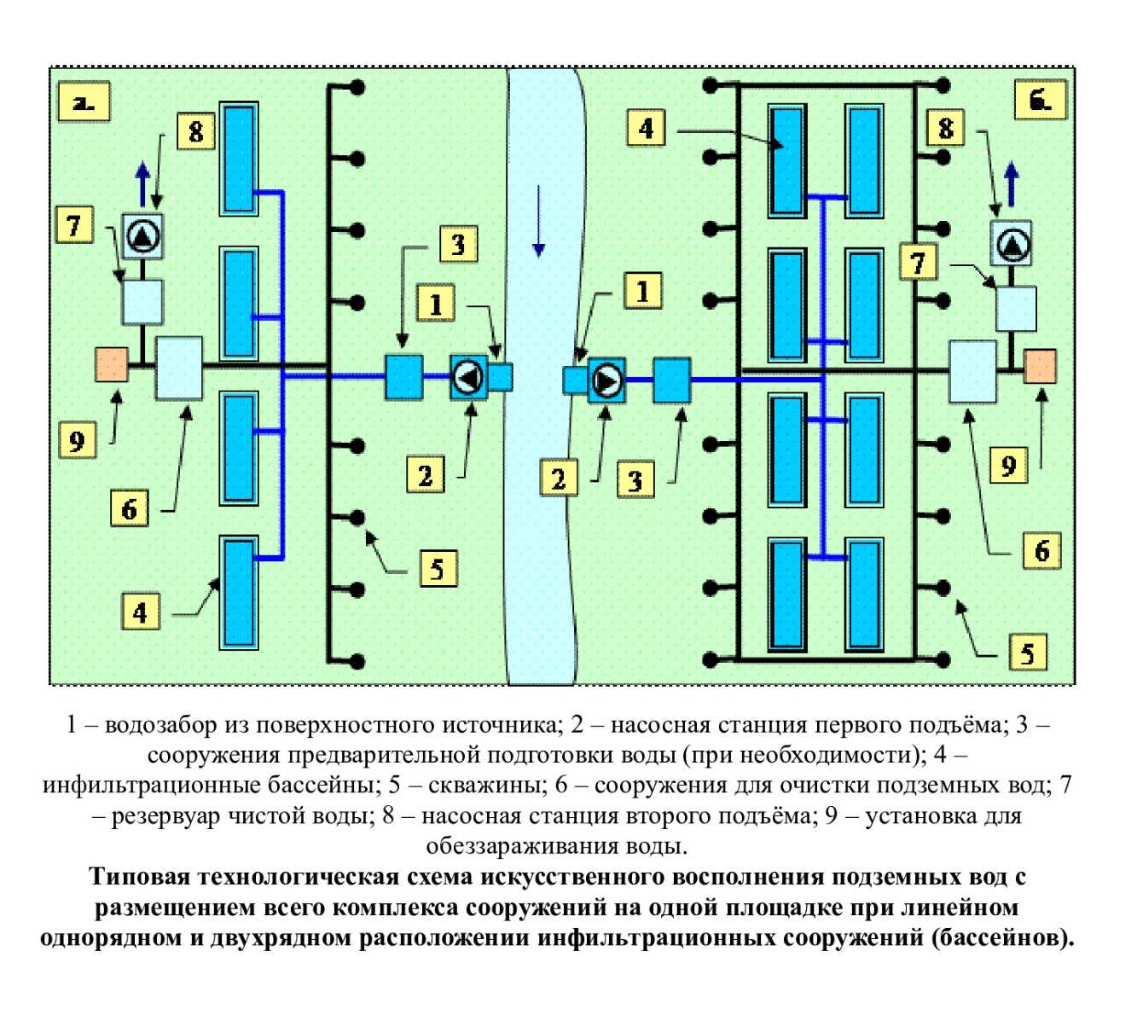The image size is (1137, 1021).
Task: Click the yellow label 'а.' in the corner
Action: coord(83,102)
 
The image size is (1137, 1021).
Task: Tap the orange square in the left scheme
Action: coord(112,364)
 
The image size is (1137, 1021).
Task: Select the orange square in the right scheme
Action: coord(1040,366)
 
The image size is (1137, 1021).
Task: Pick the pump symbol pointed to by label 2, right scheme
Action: coord(606,380)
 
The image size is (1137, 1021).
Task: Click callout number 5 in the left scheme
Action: coord(438,568)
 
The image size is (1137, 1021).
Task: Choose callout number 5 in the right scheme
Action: coord(1027,653)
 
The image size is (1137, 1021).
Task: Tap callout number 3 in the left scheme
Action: coord(458,245)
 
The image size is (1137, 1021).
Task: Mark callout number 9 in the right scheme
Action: coord(1008,466)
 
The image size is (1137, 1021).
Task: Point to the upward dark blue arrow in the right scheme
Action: coord(1012,183)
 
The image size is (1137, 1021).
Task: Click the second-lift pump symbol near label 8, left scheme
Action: coord(142,236)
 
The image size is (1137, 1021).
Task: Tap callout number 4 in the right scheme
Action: coord(646,129)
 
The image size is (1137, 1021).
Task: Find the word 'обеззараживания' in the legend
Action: coord(521,847)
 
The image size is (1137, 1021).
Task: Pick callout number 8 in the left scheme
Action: coord(196,132)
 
